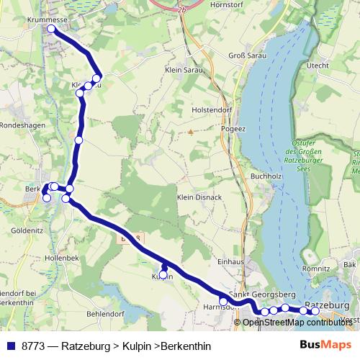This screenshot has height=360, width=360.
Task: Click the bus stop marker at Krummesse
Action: [x=51, y=30]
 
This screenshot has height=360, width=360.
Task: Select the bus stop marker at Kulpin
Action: [x=163, y=274]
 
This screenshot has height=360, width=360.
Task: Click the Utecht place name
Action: [x=317, y=65]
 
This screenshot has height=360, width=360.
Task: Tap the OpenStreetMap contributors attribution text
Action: [x=297, y=322]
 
